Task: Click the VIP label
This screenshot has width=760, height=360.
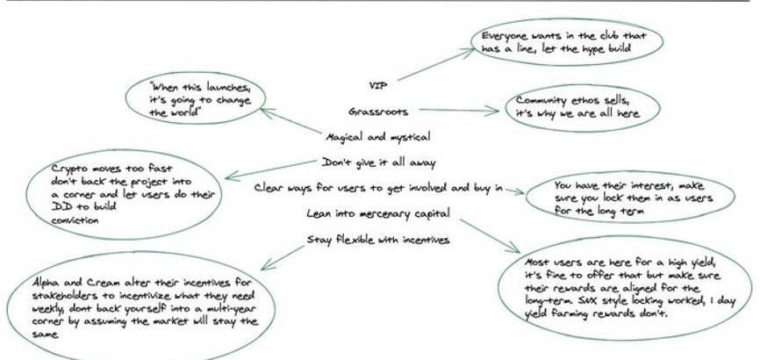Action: coord(379,85)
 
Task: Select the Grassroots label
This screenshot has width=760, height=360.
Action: coord(378,112)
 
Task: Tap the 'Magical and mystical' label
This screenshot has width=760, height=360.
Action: coord(377,137)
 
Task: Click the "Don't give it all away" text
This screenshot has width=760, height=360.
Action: coord(377,162)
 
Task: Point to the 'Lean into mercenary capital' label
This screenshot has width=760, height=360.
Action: coord(378,213)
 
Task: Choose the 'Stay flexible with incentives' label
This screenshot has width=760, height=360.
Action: coord(378,240)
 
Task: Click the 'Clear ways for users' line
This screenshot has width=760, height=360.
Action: coord(379,188)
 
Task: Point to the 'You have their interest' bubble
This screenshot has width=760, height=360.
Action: coord(630,198)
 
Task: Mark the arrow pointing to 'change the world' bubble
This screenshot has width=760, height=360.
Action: coord(290,122)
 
